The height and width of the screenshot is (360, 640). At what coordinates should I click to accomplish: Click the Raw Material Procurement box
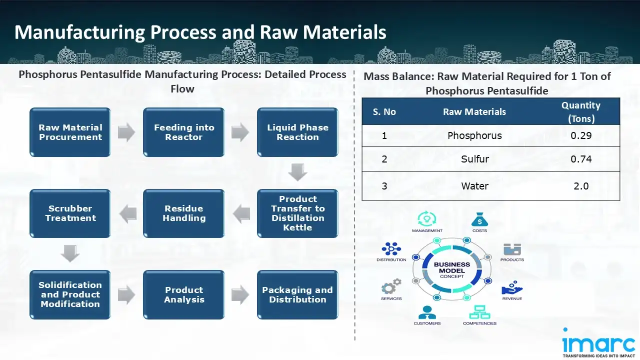[70, 132]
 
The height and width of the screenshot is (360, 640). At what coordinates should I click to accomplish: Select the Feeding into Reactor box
[184, 132]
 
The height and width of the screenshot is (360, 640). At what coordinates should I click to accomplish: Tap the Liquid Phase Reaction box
[297, 132]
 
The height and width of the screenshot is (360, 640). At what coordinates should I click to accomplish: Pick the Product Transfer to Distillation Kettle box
[297, 213]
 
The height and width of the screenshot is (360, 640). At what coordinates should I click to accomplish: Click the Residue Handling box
[184, 213]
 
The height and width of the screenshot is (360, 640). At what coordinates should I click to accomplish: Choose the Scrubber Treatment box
[70, 213]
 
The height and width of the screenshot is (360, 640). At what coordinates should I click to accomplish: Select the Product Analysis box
[184, 295]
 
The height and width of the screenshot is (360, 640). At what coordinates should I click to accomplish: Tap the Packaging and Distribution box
[297, 295]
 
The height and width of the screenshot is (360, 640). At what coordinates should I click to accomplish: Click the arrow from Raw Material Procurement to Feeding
[126, 132]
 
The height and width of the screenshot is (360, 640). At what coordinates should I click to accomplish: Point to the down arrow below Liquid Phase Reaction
[297, 173]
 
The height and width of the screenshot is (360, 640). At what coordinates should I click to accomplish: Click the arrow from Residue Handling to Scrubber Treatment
[128, 214]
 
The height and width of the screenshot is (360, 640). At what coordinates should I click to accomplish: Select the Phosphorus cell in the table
[474, 135]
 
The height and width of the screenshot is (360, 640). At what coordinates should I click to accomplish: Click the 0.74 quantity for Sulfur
[581, 159]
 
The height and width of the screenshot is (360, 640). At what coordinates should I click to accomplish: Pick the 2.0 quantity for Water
[581, 186]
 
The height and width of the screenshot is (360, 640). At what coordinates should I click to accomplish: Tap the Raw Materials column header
[474, 112]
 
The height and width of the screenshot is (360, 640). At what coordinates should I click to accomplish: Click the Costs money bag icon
[479, 219]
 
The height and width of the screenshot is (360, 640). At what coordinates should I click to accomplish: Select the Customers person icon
[427, 312]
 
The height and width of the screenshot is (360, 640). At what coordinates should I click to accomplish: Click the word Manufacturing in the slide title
[79, 32]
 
